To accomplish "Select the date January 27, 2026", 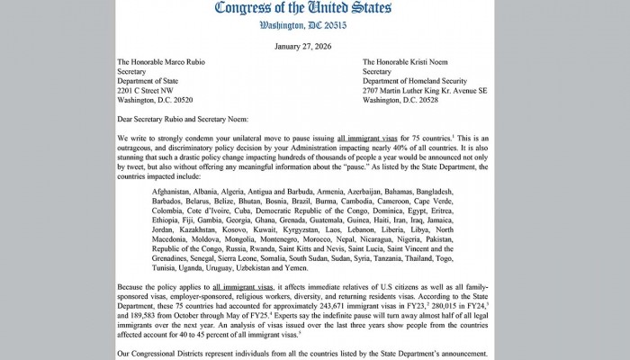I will pos(315,47).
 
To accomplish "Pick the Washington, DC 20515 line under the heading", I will pos(314,27).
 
